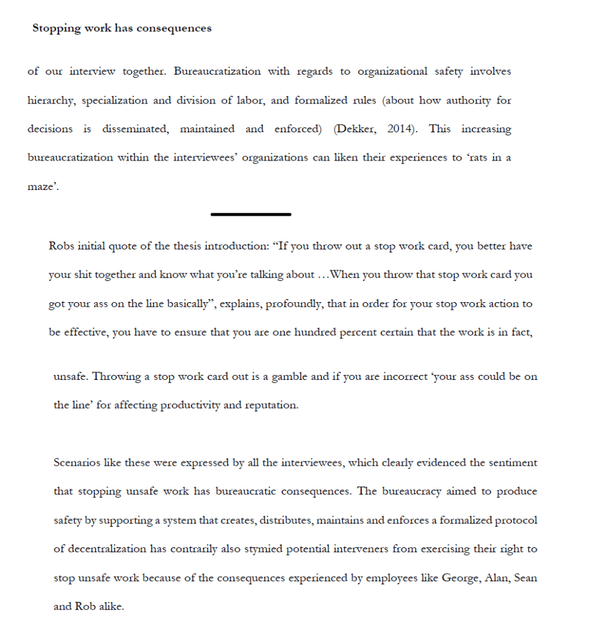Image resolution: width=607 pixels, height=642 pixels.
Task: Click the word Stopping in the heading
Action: point(56,28)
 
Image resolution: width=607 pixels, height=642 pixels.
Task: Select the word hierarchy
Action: point(51,100)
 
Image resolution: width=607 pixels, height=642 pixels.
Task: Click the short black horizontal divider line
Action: point(251,214)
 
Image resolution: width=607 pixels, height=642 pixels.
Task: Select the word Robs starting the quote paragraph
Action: point(61,246)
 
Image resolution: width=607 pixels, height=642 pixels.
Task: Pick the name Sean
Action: point(525,577)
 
